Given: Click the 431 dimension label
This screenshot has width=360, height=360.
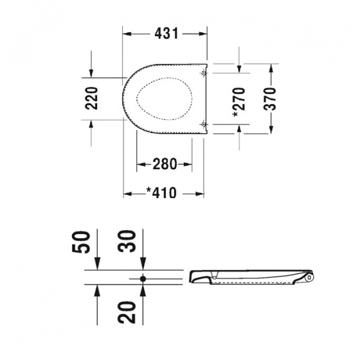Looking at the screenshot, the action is click(x=166, y=34).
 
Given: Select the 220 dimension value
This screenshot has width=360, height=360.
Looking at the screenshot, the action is click(x=91, y=98).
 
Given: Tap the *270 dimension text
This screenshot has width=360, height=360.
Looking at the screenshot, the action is click(x=239, y=102).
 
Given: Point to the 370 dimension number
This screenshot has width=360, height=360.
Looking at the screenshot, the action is click(x=270, y=99).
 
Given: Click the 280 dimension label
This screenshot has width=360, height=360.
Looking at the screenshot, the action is click(x=164, y=164).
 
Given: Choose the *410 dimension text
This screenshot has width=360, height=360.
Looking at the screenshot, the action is click(x=161, y=193).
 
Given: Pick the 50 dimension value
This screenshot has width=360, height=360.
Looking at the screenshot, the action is click(x=80, y=242).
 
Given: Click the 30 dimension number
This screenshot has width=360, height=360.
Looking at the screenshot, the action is click(x=127, y=241).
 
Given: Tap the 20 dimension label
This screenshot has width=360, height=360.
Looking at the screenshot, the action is click(x=127, y=312).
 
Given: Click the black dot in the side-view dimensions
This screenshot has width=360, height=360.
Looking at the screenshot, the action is click(x=143, y=279).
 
